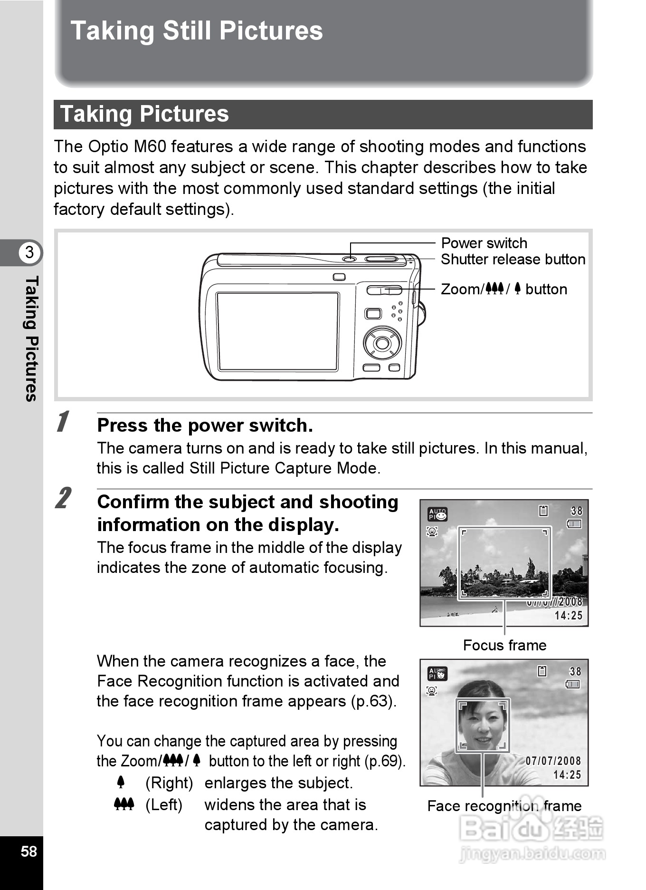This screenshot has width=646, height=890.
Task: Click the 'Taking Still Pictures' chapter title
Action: click(196, 31)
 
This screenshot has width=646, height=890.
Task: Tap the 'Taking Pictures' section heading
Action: click(144, 114)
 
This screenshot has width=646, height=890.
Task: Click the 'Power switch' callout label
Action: click(484, 243)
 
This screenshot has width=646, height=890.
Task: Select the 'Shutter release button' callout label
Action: click(513, 260)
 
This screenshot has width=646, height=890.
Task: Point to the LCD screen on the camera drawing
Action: click(277, 331)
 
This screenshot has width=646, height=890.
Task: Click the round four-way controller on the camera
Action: click(382, 343)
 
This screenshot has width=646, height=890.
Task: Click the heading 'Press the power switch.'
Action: click(205, 426)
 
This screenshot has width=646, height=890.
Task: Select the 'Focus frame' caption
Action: click(504, 645)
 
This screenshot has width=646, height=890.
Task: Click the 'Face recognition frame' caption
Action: click(504, 806)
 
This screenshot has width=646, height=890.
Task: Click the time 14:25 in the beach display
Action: click(568, 616)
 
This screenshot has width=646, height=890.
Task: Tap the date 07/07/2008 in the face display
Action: click(553, 761)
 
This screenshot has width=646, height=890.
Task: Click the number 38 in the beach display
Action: click(576, 511)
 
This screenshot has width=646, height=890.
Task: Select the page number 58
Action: click(28, 851)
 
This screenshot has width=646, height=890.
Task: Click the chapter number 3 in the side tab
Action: click(29, 252)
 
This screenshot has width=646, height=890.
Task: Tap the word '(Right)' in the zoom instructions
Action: click(169, 783)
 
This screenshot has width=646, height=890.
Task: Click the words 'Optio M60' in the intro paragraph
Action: click(127, 146)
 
